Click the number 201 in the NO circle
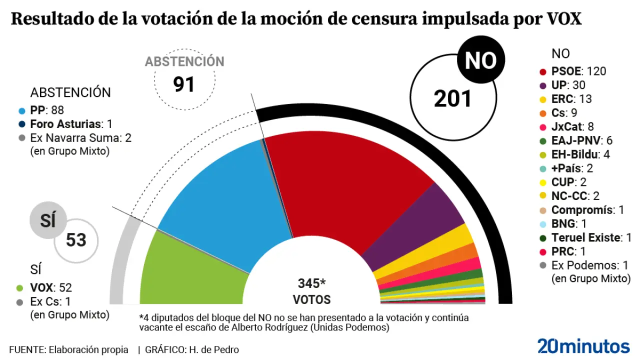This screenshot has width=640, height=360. [x=453, y=98]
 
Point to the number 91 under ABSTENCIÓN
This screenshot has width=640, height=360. [x=184, y=84]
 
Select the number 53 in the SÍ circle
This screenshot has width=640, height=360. [x=76, y=240]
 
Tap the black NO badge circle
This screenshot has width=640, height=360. [x=480, y=60]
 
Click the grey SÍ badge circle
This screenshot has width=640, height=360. [x=48, y=220]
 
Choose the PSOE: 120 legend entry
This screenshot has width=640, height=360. [x=578, y=71]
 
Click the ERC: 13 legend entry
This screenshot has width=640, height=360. [x=571, y=99]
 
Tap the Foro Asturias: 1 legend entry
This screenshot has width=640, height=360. [x=70, y=124]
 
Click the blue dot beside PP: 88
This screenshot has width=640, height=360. [x=20, y=110]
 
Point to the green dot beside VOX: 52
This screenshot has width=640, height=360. [x=20, y=288]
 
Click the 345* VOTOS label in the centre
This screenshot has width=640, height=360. [x=311, y=291]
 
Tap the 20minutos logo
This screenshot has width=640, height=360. [x=583, y=346]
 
